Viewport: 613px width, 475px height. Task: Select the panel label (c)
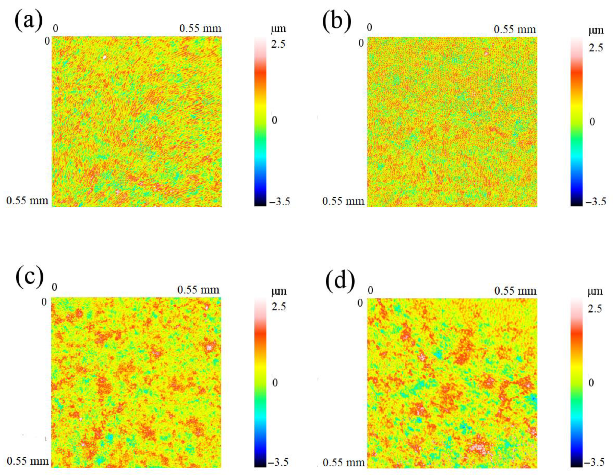coord(30,277)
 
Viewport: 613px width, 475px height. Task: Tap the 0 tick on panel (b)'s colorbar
coord(592,122)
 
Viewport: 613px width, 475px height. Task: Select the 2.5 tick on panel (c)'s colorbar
coord(278,306)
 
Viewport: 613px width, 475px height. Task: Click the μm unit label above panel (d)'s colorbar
coord(595,291)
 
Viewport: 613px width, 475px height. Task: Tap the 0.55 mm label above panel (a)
coord(200,28)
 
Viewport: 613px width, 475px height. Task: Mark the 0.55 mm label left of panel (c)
coord(28,461)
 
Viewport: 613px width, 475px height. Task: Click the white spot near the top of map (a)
coord(104,57)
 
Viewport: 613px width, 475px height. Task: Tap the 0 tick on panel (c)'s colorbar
coord(275,383)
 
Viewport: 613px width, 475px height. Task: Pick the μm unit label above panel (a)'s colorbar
coord(278,29)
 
